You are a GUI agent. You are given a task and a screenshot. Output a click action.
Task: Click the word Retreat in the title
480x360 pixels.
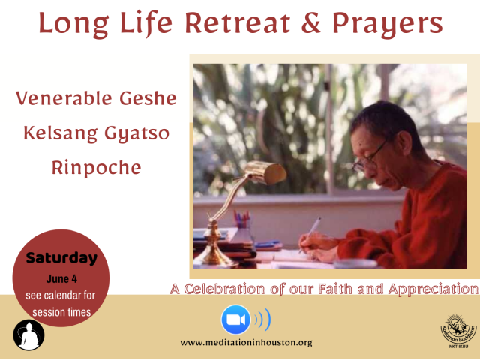[238, 23]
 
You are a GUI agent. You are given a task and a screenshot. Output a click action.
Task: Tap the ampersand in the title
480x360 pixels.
[311, 23]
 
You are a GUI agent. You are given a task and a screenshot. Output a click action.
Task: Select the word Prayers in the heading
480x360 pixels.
[388, 25]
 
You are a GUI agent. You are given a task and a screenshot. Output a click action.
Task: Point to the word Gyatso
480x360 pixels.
[136, 134]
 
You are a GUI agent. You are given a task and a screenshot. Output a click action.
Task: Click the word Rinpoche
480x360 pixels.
[97, 168]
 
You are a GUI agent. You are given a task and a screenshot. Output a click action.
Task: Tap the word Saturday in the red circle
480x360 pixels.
[61, 258]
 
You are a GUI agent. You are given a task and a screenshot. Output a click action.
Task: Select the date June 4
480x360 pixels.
[61, 278]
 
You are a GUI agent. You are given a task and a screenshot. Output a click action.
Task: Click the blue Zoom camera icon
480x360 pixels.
[235, 319]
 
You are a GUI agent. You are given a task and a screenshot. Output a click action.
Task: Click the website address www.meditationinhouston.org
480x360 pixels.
[247, 342]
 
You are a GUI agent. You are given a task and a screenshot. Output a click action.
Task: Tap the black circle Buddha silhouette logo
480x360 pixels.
[28, 335]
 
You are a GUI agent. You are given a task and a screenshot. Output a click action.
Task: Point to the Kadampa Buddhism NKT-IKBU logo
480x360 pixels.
[458, 330]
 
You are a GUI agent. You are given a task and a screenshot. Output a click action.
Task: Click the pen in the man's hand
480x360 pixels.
[310, 235]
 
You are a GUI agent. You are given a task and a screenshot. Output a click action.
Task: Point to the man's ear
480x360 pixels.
[403, 142]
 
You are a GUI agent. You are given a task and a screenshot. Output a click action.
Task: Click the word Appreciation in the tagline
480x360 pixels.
[433, 289]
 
